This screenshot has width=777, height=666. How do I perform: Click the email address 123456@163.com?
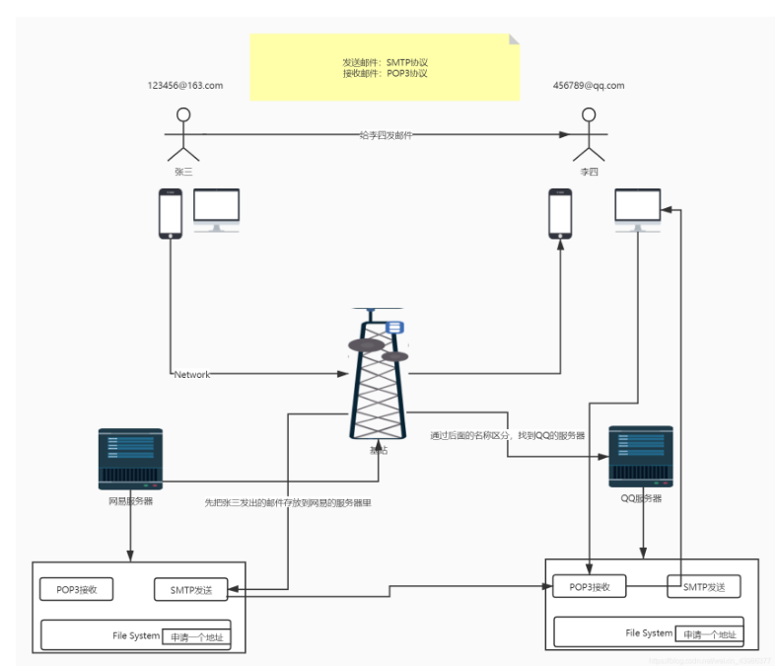tap(184, 86)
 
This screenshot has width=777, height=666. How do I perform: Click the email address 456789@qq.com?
tap(589, 86)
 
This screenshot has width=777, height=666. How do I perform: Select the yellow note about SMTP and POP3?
tap(385, 67)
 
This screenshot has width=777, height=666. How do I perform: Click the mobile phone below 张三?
tap(171, 213)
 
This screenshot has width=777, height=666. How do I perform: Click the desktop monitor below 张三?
tap(216, 210)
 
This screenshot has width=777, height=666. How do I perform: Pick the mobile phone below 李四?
tap(560, 213)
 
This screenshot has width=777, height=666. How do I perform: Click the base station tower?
tap(378, 375)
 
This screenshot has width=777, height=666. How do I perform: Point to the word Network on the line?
tap(191, 375)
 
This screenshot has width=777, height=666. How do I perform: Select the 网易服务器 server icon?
tap(130, 459)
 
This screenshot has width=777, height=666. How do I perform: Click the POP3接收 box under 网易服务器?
tap(76, 590)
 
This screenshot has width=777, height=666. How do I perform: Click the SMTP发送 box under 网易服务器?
tap(190, 590)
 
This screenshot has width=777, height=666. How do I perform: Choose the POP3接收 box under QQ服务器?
tap(590, 586)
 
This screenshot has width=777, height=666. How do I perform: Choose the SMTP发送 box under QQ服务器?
tap(704, 586)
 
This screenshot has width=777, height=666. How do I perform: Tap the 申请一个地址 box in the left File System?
tap(196, 636)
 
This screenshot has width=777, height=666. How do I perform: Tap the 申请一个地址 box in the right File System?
tap(709, 633)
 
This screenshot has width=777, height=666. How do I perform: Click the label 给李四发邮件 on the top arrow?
tap(386, 135)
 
